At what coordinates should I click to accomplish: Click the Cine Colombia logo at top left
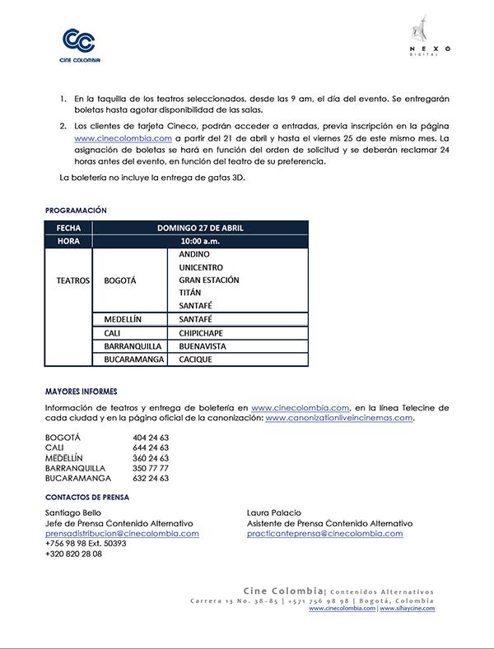(x=79, y=45)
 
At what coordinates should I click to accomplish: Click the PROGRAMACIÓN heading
(x=76, y=211)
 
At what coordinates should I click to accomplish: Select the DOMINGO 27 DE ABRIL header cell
(x=200, y=228)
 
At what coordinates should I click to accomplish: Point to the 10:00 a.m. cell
(x=200, y=241)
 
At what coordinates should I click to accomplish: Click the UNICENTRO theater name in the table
(x=202, y=267)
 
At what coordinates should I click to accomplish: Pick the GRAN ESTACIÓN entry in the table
(x=209, y=280)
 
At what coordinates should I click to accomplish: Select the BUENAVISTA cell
(x=203, y=346)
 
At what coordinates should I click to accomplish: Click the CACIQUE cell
(x=196, y=359)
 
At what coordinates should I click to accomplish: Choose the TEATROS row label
(x=72, y=280)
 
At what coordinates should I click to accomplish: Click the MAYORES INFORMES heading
(x=82, y=391)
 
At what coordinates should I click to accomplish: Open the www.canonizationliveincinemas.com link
(x=338, y=418)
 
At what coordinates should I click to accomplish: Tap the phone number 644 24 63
(x=151, y=447)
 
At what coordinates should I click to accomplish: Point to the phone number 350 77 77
(x=151, y=467)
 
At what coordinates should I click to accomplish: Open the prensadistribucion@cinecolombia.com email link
(x=122, y=533)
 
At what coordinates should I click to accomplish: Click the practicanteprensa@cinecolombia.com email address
(x=324, y=533)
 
